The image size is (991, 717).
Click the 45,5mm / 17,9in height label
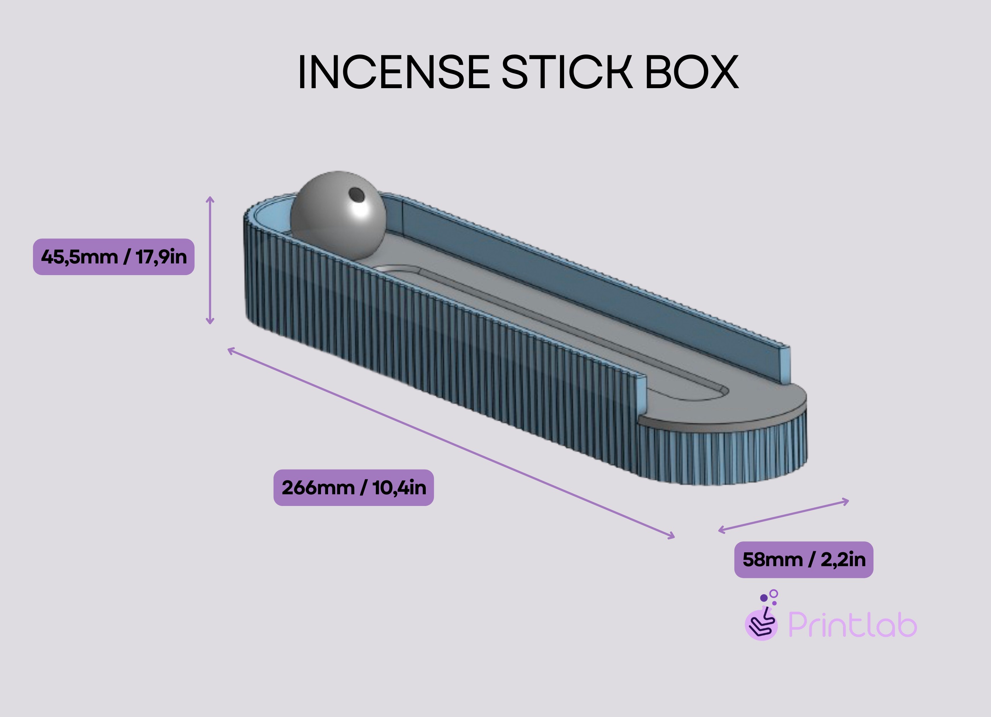(x=114, y=257)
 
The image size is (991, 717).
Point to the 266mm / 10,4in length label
(x=354, y=488)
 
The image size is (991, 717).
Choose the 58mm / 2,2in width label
(x=803, y=559)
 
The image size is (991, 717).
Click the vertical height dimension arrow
(x=210, y=261)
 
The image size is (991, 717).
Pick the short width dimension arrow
(x=783, y=516)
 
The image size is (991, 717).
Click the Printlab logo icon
(x=762, y=621)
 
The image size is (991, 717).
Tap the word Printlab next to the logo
(x=852, y=625)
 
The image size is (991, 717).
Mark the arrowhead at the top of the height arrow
(x=210, y=199)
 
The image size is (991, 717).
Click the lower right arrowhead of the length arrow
(x=672, y=536)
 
